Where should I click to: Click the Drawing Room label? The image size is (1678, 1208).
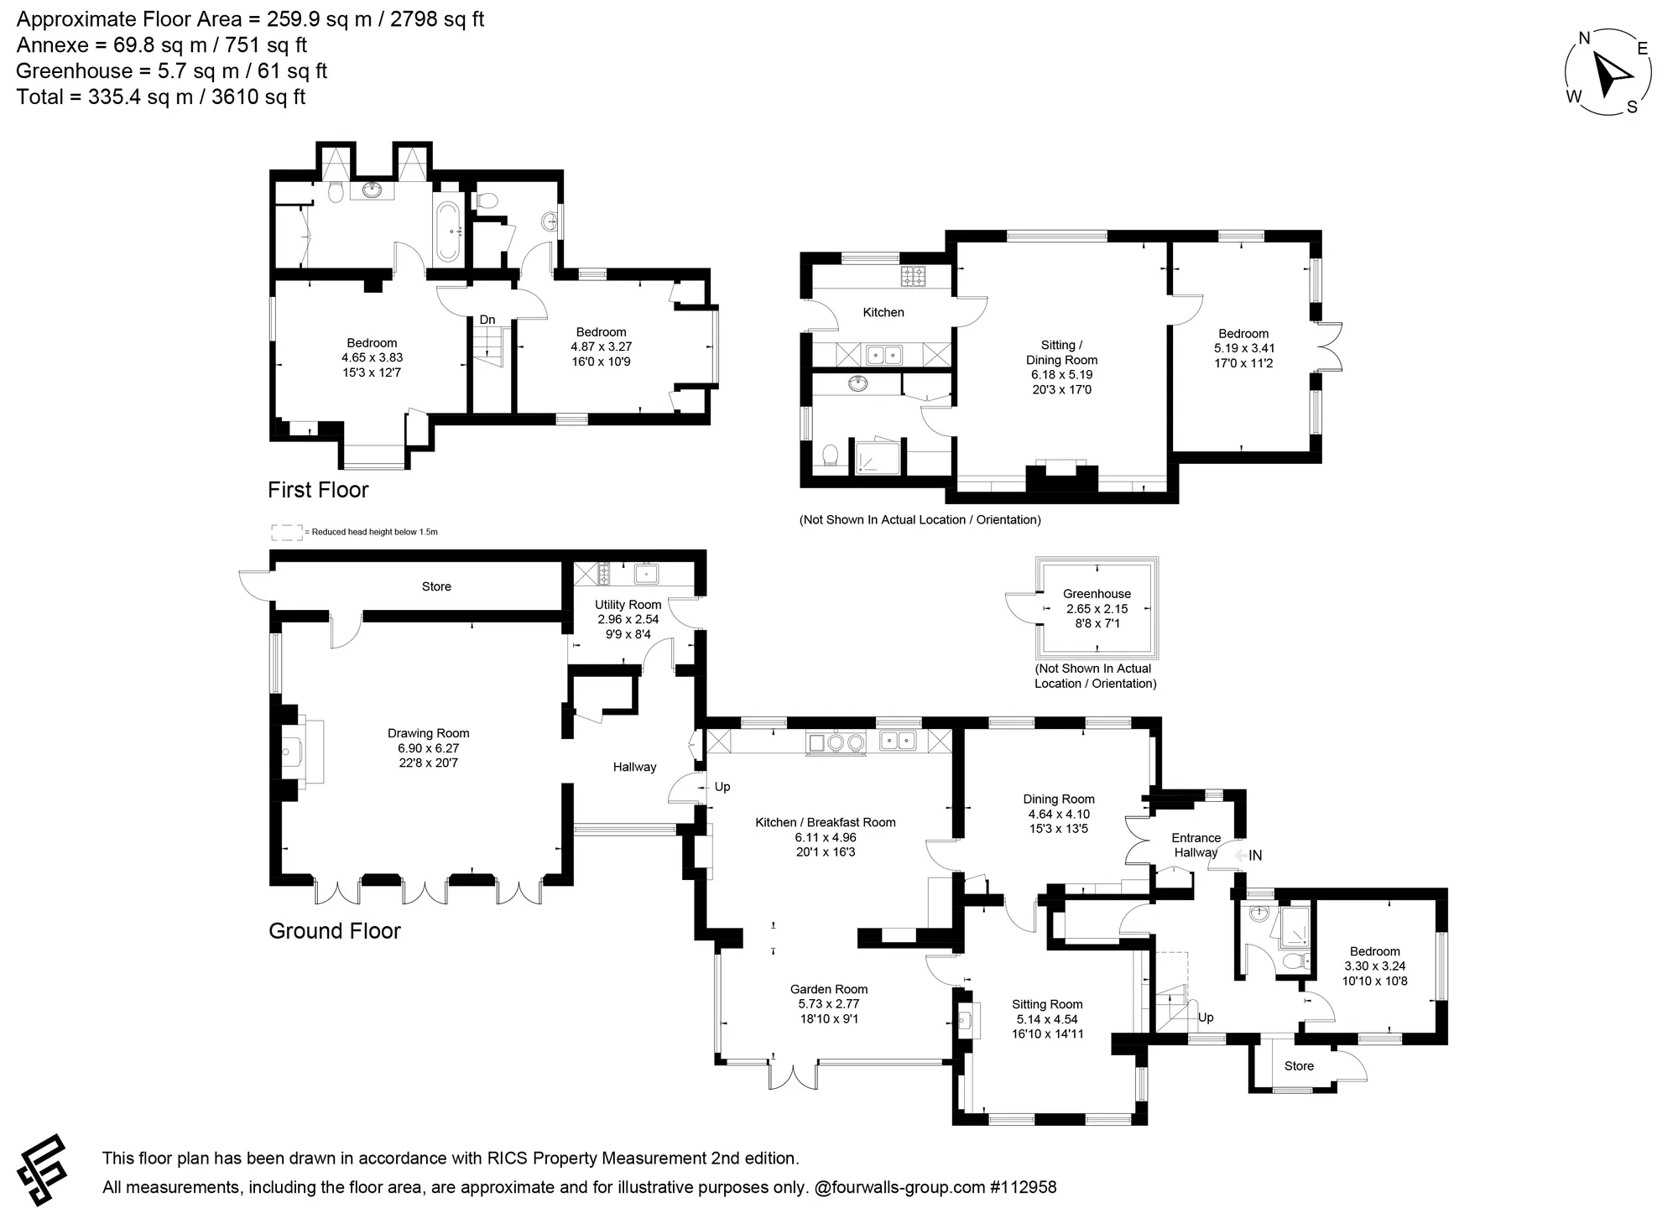(x=428, y=733)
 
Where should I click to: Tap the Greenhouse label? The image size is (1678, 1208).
(x=1097, y=594)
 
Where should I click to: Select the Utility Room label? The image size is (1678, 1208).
(x=628, y=605)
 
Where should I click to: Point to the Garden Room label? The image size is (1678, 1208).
(x=829, y=989)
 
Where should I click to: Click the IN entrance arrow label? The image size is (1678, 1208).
(x=1248, y=856)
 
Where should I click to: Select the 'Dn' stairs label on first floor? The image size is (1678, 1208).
(x=487, y=320)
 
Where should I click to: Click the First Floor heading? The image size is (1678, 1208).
(x=318, y=490)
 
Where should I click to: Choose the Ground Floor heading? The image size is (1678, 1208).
(x=335, y=930)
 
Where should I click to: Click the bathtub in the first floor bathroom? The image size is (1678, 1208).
(x=448, y=231)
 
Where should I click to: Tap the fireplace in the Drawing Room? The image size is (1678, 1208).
(x=298, y=752)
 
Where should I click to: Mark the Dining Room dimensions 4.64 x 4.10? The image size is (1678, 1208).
(x=1059, y=815)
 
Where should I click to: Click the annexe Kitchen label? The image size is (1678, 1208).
(x=883, y=313)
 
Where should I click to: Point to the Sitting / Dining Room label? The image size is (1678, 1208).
(x=1061, y=352)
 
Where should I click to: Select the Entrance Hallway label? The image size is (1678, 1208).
(x=1196, y=845)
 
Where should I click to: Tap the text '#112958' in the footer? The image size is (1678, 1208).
(x=1024, y=1188)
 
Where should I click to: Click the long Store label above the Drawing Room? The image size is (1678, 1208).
(x=436, y=587)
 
